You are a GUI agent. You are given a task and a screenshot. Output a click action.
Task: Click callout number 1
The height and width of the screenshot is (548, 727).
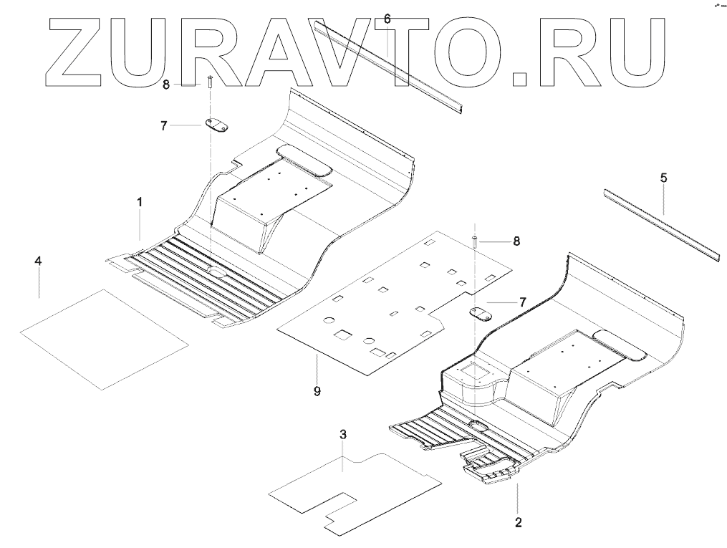[140, 203]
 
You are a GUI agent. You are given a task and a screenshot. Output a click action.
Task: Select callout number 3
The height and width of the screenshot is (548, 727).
[343, 435]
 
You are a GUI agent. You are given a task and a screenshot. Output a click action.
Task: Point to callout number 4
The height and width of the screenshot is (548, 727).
[39, 261]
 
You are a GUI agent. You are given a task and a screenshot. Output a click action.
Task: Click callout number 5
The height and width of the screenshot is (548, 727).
[663, 177]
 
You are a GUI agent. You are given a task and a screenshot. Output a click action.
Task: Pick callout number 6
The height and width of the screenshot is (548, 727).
[387, 19]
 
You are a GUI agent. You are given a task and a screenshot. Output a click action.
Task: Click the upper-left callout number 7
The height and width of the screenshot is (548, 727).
[164, 125]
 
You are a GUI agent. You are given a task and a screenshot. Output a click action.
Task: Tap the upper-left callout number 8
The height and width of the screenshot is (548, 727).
[166, 84]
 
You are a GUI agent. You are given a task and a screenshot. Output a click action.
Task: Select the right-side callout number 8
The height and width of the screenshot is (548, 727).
[516, 242]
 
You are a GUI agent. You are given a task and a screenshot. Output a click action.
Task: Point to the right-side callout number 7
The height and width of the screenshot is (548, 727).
[523, 303]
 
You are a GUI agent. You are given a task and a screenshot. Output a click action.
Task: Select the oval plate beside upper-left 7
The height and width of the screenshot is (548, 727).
[216, 126]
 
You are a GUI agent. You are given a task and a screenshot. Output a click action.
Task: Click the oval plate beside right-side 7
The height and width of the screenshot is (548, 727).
[478, 313]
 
